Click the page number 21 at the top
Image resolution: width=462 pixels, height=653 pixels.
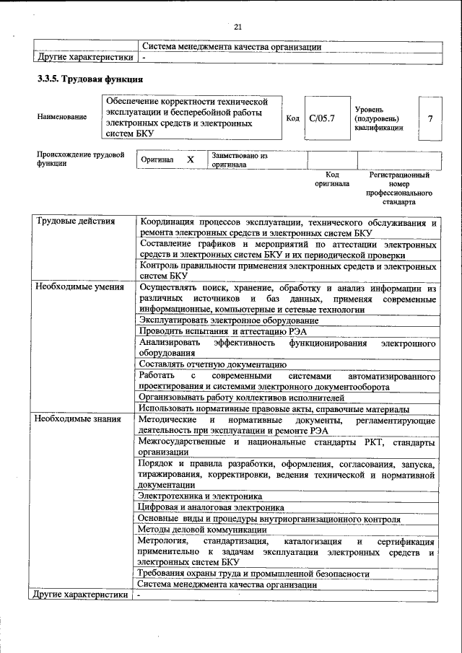coord(237,27)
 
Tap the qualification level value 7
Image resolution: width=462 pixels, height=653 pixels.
coord(430,118)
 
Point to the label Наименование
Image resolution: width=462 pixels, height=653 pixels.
coord(61,117)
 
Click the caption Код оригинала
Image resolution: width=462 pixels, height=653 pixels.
coord(331,179)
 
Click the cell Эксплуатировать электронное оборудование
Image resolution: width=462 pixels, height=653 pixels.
coord(229,320)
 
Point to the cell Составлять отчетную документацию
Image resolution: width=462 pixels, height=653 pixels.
coord(214,364)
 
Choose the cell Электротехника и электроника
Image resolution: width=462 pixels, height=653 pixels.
coord(200,496)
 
